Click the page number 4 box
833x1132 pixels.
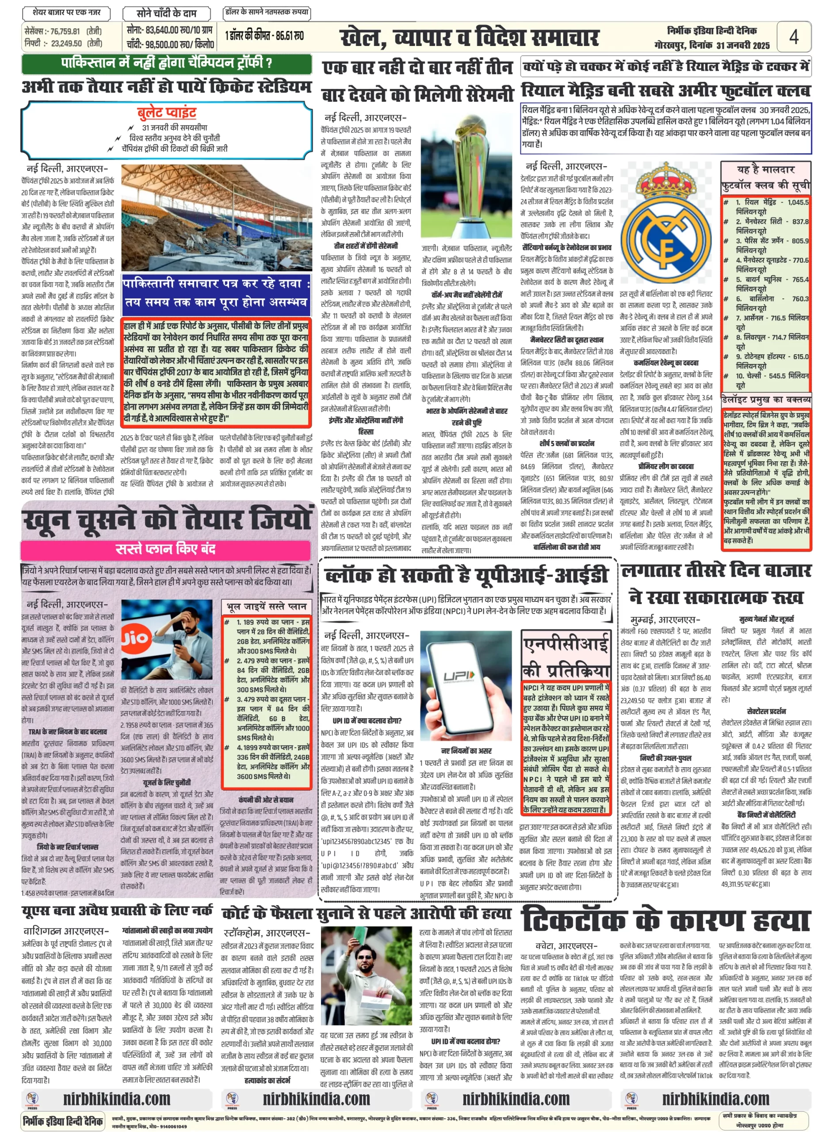[x=793, y=36]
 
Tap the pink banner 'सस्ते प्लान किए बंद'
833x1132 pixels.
[x=166, y=549]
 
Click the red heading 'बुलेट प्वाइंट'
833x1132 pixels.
[x=166, y=112]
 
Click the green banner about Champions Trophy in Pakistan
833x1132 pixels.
[x=166, y=64]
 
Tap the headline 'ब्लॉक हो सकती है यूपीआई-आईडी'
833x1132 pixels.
[x=466, y=576]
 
